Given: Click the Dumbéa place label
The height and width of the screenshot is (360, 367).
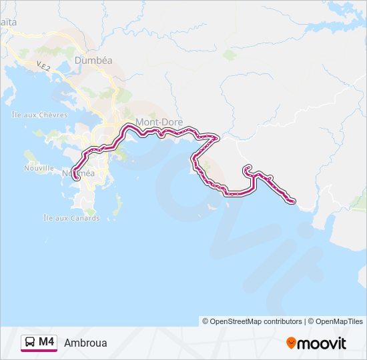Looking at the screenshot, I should coord(93,60).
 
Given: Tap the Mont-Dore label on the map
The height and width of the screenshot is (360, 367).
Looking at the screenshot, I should coord(154,122).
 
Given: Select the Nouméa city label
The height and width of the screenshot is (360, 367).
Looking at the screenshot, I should coord(79,173).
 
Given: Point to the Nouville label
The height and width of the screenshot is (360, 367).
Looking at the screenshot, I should coord(39,169).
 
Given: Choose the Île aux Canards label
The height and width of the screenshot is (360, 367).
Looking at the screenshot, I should coord(71,218).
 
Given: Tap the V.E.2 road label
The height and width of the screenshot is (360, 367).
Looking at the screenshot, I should coord(44,67).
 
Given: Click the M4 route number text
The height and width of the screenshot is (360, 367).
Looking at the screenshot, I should coord(46,342).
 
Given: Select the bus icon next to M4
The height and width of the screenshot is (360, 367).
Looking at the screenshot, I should coord(30,343).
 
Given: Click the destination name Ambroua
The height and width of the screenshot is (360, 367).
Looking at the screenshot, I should coord(85,343).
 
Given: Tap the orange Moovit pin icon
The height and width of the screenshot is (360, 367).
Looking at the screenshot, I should coord(291,343).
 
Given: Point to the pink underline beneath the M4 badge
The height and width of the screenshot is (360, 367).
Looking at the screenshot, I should coord(38,351).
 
